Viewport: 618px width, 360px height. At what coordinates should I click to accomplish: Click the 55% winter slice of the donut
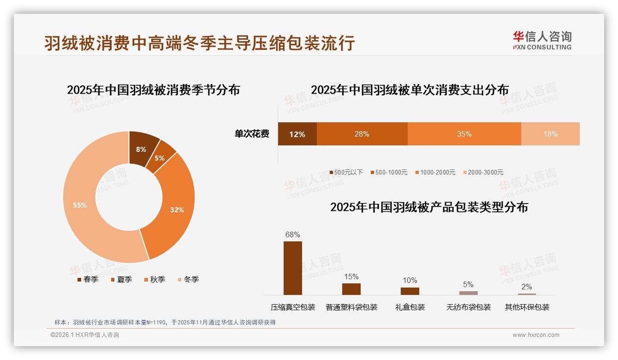point(81,205)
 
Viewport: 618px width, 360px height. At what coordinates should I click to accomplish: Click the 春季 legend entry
point(88,279)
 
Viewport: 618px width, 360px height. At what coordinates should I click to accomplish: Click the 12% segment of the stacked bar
point(297,134)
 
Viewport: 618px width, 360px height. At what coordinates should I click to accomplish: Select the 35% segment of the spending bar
point(464,134)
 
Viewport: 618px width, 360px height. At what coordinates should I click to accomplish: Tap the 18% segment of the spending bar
point(550,134)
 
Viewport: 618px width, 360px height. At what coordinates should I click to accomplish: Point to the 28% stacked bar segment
point(362,134)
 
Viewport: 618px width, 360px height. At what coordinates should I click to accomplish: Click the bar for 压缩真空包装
point(292,268)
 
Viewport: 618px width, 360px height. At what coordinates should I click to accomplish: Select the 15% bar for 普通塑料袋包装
point(351,289)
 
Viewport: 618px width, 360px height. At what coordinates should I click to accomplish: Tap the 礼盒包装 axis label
point(410,307)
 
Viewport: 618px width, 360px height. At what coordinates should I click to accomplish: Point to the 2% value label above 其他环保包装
point(527,287)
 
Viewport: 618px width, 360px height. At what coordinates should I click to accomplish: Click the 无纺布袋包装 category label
point(468,307)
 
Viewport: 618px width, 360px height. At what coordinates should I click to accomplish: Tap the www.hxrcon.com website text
point(536,335)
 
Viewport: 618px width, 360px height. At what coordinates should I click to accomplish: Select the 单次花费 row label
point(252,134)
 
